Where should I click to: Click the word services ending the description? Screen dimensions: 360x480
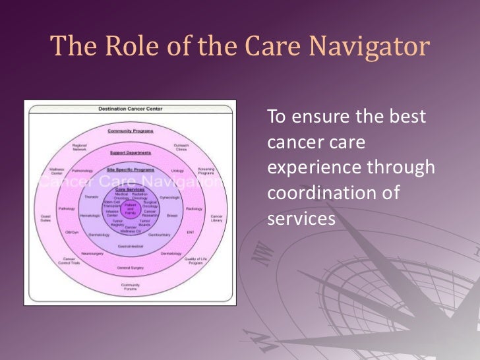(x=301, y=218)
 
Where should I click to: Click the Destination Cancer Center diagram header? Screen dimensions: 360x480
(x=130, y=108)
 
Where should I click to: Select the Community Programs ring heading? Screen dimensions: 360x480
(x=130, y=131)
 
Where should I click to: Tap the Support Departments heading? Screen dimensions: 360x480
(x=130, y=153)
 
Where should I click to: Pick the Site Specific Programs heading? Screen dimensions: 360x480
(x=130, y=169)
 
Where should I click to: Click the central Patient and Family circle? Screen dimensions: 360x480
(x=130, y=209)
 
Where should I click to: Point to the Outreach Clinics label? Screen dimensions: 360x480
(x=181, y=147)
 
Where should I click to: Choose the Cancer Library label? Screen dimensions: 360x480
(x=216, y=218)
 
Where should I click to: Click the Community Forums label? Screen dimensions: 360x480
(x=130, y=286)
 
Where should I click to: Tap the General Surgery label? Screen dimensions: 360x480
(x=130, y=268)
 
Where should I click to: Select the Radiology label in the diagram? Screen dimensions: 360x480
(x=194, y=208)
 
